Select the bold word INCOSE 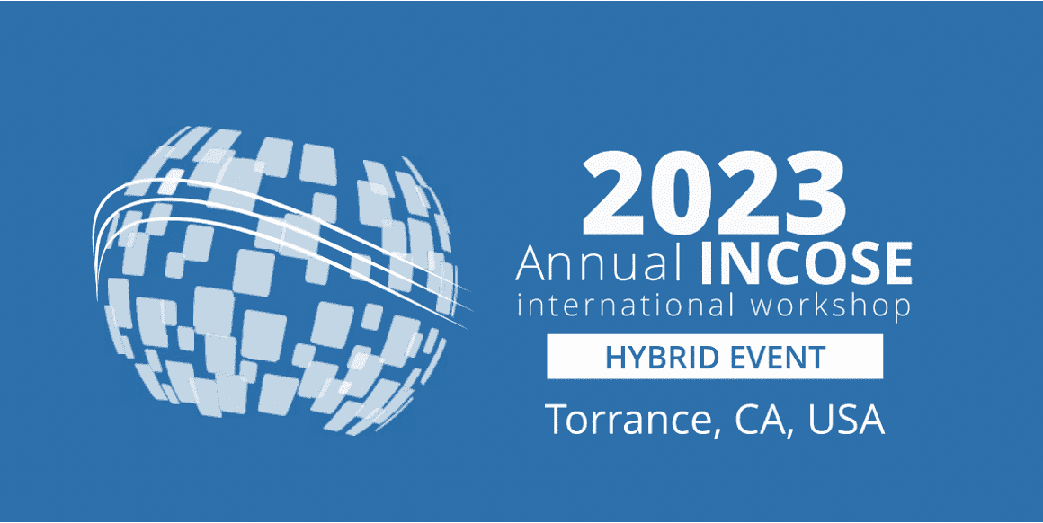805,261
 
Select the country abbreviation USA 845,419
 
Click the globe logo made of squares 279,279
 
